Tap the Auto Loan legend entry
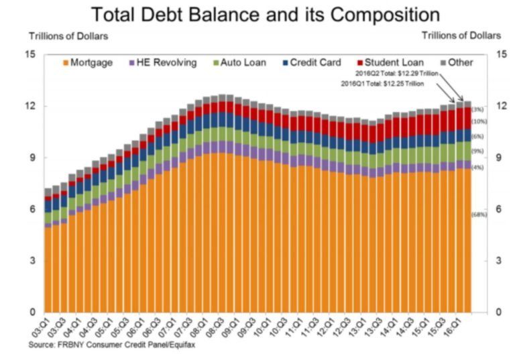pyautogui.click(x=241, y=63)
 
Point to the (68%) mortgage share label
pyautogui.click(x=479, y=215)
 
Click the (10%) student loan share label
pyautogui.click(x=479, y=121)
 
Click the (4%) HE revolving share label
pyautogui.click(x=478, y=167)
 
